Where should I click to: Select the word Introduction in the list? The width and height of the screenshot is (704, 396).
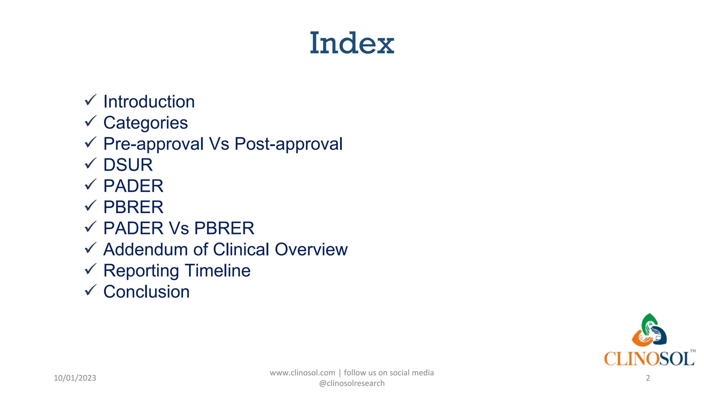(x=149, y=102)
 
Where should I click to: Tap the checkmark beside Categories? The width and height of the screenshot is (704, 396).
(x=90, y=121)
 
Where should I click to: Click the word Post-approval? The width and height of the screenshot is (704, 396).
(x=288, y=144)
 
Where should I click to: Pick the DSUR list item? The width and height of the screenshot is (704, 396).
(x=128, y=165)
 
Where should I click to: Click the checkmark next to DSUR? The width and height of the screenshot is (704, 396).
(x=90, y=164)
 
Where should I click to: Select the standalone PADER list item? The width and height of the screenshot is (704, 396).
(x=133, y=186)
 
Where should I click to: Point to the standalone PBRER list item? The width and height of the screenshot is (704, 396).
(x=133, y=207)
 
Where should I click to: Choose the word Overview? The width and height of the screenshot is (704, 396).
(x=311, y=250)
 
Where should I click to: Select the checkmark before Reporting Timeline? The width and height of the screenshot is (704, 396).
(x=90, y=269)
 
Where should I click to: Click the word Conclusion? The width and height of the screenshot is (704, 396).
(x=146, y=292)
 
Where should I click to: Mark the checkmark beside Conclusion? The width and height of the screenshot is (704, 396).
(x=90, y=290)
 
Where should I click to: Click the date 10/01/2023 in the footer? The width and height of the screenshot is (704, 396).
(x=75, y=378)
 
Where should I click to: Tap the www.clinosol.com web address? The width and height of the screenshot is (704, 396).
(x=302, y=373)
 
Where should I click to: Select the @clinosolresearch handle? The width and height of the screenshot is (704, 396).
(x=352, y=383)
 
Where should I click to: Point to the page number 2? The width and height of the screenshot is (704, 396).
(x=648, y=378)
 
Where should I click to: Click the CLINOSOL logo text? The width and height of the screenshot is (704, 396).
(x=649, y=359)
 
